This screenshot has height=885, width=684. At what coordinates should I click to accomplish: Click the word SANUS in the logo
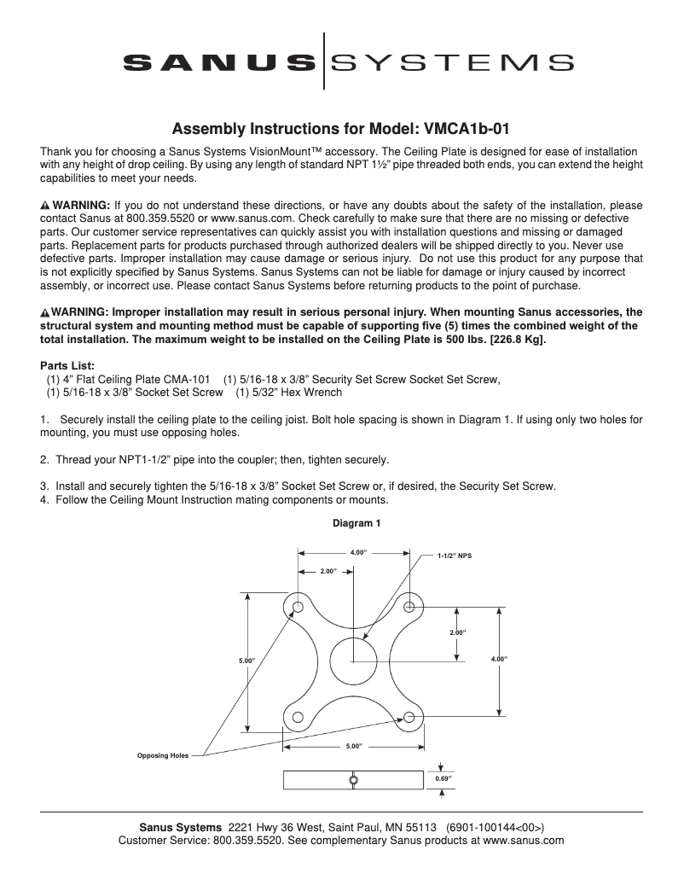(x=218, y=61)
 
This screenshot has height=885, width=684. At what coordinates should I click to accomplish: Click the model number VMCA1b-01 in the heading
(x=464, y=130)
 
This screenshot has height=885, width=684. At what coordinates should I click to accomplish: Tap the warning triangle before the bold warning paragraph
(x=45, y=312)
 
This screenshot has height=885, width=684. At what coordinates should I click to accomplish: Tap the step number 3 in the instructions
(x=43, y=486)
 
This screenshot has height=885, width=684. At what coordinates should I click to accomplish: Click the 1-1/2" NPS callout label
(x=454, y=556)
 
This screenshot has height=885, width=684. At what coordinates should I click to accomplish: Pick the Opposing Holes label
(x=163, y=755)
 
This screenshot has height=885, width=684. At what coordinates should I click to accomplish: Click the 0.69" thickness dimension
(x=443, y=779)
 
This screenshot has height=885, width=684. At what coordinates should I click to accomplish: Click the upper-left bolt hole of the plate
(x=298, y=607)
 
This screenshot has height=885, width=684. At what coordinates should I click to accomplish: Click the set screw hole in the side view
(x=352, y=780)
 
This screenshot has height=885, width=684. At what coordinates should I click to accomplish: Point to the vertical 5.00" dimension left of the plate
(x=246, y=661)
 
